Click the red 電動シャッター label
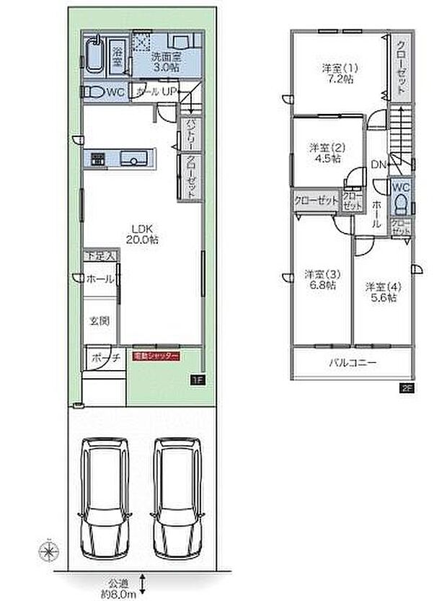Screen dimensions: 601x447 [x=155, y=356]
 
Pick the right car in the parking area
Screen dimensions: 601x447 [x=177, y=499]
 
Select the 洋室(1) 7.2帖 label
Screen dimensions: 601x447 [x=340, y=74]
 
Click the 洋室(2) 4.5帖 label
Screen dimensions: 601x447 [x=327, y=152]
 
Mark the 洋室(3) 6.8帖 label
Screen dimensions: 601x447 [x=319, y=279]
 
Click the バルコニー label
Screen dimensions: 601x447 [x=354, y=364]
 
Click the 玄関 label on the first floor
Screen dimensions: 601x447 [x=99, y=320]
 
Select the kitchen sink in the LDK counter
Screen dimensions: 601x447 [x=133, y=159]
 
